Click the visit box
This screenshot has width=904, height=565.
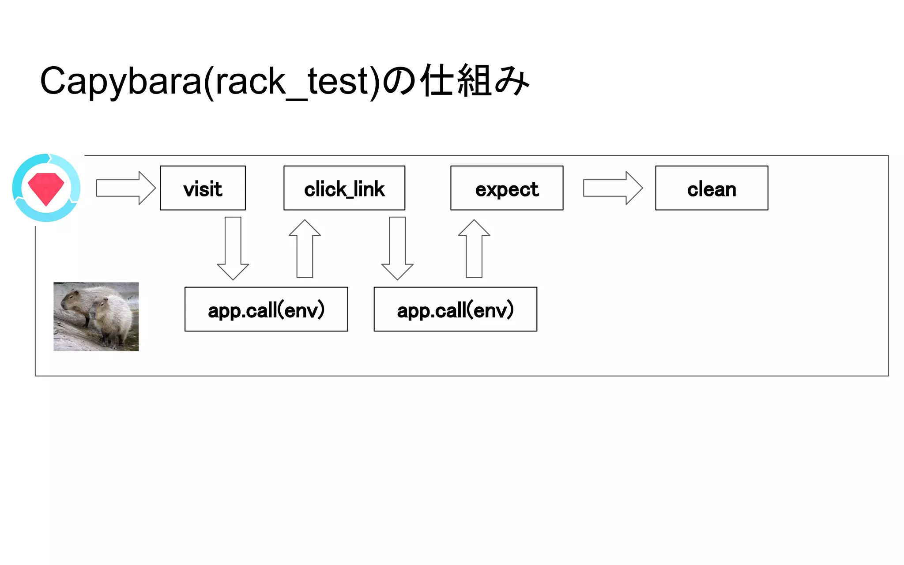203,188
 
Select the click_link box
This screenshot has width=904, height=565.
344,188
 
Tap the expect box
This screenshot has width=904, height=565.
506,188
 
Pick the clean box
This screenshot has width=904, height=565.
711,188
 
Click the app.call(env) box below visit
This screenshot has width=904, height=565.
266,309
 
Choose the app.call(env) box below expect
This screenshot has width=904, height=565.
455,309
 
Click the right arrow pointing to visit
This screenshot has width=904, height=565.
125,188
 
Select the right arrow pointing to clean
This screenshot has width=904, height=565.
612,188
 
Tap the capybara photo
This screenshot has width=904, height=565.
96,316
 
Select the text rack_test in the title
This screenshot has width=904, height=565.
292,82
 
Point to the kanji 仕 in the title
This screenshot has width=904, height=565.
437,81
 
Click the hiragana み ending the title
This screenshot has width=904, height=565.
512,81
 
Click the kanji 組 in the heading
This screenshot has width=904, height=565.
475,81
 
